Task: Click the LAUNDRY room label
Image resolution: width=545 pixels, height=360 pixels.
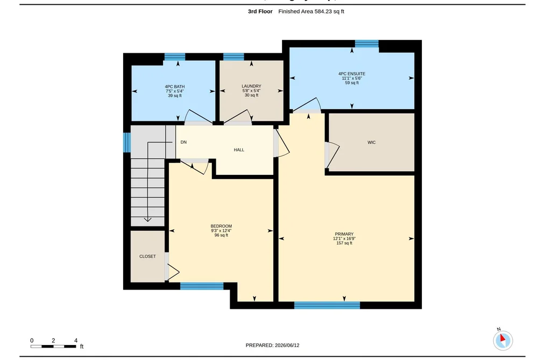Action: (251, 86)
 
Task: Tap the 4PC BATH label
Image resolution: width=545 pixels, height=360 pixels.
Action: (174, 87)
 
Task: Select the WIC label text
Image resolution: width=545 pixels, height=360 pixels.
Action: (371, 143)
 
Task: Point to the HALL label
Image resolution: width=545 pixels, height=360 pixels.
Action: (239, 150)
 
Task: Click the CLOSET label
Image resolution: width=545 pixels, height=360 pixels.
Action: (147, 257)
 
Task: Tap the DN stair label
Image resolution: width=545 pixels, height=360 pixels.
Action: (183, 142)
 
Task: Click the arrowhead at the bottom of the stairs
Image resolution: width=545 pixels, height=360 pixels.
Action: (148, 219)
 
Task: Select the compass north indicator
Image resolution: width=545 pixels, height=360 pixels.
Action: (502, 340)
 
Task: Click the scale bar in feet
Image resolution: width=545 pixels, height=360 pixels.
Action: (53, 346)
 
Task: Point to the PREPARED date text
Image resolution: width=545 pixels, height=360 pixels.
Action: (272, 345)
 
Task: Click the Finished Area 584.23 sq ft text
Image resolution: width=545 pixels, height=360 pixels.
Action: (311, 11)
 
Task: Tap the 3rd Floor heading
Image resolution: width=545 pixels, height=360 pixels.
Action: (260, 11)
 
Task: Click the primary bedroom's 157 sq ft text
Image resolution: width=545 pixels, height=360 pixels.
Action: (344, 243)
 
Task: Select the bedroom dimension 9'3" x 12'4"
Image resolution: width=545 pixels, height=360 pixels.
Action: (221, 231)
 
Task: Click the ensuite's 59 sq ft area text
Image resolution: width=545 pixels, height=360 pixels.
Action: (352, 83)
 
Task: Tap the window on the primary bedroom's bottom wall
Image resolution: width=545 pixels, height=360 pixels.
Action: (327, 306)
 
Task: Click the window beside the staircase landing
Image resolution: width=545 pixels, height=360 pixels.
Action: (127, 143)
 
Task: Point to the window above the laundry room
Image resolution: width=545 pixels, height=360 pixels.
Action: (233, 57)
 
